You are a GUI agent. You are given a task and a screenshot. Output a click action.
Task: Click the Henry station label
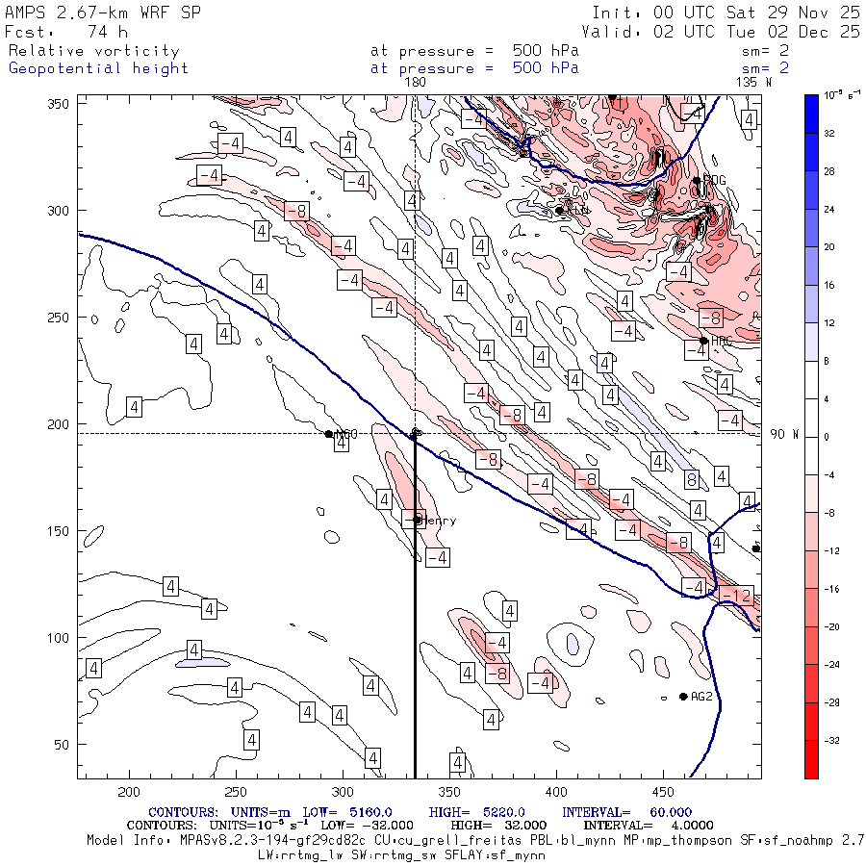pos(439,521)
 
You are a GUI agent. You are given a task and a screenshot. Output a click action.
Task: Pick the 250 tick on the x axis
pos(236,791)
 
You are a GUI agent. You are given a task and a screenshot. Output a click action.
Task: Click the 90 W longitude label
pos(785,434)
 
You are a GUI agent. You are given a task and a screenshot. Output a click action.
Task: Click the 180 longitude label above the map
pos(415,83)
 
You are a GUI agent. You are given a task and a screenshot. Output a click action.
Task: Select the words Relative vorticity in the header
pos(93,51)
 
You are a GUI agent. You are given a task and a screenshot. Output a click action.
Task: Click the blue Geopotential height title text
pos(98,68)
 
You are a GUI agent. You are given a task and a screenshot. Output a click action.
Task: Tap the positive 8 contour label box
pos(691,479)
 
